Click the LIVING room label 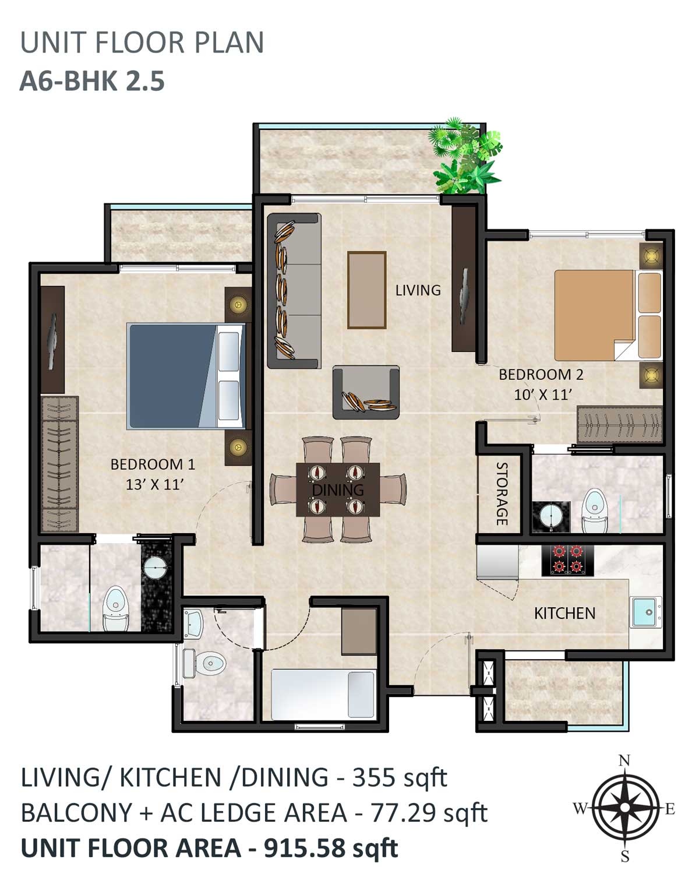click(418, 290)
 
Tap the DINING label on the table click(338, 489)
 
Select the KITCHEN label click(564, 614)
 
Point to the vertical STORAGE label click(502, 494)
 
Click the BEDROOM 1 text click(153, 464)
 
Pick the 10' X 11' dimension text click(542, 395)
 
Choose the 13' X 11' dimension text click(154, 484)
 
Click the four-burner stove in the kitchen click(567, 561)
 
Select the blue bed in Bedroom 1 click(186, 376)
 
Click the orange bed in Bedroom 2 click(608, 315)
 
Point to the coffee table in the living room click(366, 290)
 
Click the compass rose click(624, 808)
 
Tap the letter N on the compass click(624, 760)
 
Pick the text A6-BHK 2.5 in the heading click(92, 80)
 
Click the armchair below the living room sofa click(366, 392)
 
